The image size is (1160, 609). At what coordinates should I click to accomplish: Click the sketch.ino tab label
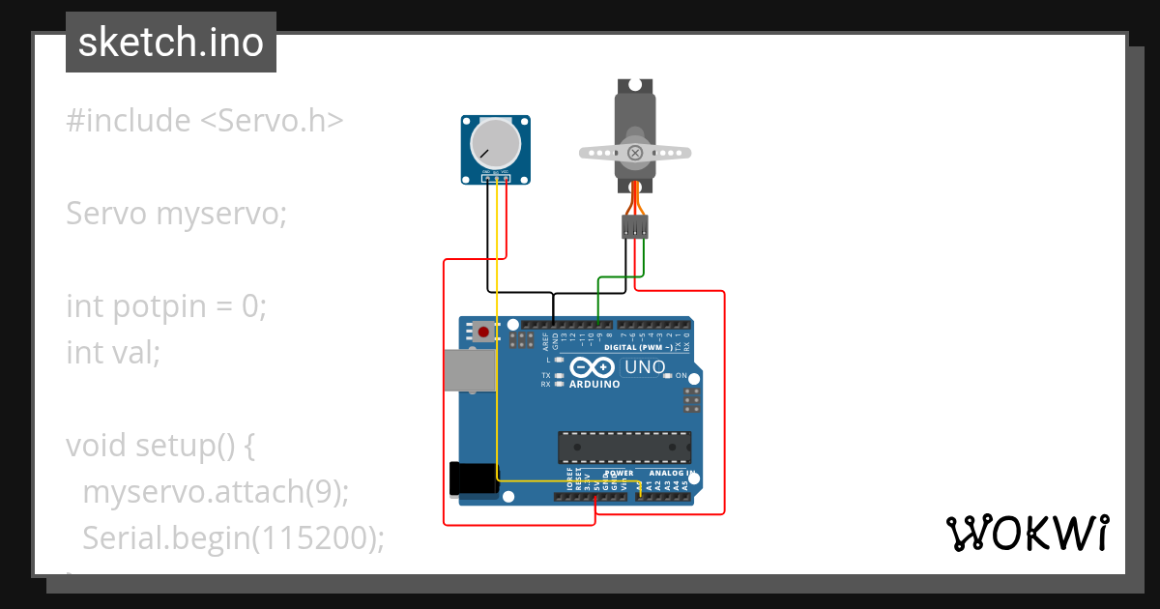click(x=170, y=43)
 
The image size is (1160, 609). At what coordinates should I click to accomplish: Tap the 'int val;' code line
click(x=112, y=353)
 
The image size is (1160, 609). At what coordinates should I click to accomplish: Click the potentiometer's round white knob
click(x=494, y=142)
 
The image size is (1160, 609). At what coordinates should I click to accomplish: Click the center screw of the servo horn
click(x=635, y=153)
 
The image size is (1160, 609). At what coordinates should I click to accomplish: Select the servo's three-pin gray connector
click(x=635, y=227)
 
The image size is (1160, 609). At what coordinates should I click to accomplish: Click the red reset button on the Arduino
click(x=484, y=332)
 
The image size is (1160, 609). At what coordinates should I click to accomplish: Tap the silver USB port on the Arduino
click(x=470, y=370)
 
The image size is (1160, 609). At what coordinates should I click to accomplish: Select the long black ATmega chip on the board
click(x=624, y=448)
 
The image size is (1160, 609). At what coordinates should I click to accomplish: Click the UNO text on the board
click(x=645, y=367)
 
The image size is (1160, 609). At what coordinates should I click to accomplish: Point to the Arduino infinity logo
click(x=592, y=367)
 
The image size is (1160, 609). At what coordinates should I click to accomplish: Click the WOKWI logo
click(x=1026, y=533)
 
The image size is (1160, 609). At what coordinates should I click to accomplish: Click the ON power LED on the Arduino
click(x=667, y=375)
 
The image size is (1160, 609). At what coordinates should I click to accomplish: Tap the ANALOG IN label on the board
click(x=671, y=474)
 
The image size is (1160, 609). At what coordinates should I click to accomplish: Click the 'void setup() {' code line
click(x=159, y=446)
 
